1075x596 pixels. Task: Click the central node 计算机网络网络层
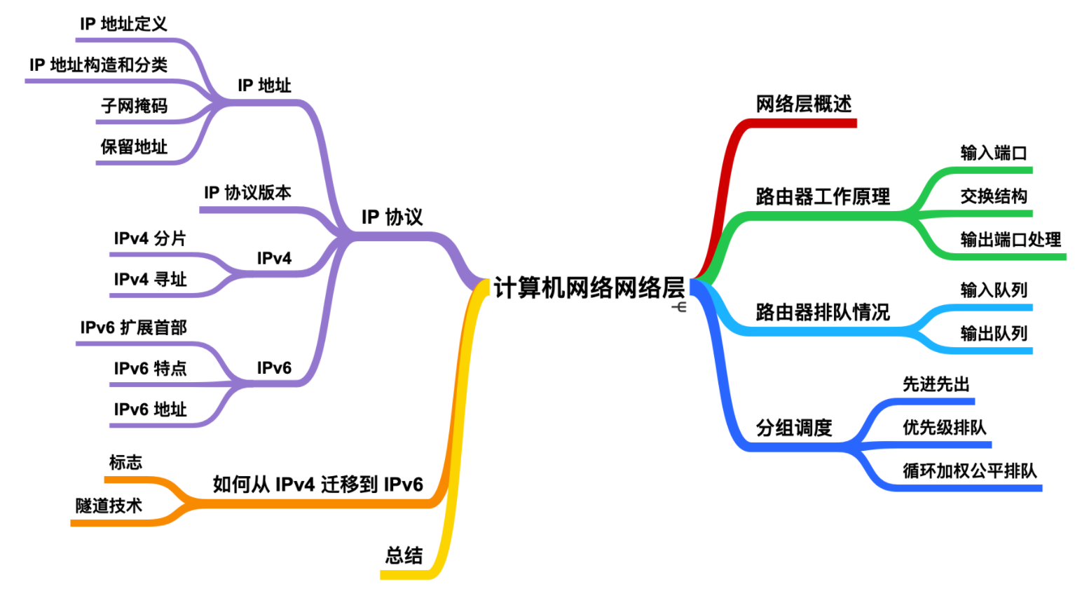pyautogui.click(x=589, y=287)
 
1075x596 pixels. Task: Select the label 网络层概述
pyautogui.click(x=803, y=104)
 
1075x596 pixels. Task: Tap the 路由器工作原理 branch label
pyautogui.click(x=823, y=196)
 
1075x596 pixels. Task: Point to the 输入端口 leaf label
pyautogui.click(x=993, y=153)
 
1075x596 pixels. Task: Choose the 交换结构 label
pyautogui.click(x=993, y=196)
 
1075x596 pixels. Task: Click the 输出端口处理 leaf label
pyautogui.click(x=1010, y=240)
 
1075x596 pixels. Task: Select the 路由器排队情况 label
pyautogui.click(x=823, y=312)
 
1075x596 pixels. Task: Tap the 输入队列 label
pyautogui.click(x=993, y=290)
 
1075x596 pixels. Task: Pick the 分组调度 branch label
pyautogui.click(x=793, y=427)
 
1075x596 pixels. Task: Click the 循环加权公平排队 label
pyautogui.click(x=969, y=470)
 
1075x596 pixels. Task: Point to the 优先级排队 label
pyautogui.click(x=944, y=427)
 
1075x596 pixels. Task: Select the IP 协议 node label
pyautogui.click(x=392, y=217)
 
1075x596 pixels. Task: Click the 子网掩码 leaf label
pyautogui.click(x=134, y=106)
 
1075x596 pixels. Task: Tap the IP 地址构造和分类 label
pyautogui.click(x=98, y=65)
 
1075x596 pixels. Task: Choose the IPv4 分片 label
pyautogui.click(x=149, y=238)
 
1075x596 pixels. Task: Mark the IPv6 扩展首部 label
pyautogui.click(x=133, y=327)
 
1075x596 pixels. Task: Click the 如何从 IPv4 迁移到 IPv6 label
pyautogui.click(x=317, y=485)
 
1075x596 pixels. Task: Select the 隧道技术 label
pyautogui.click(x=109, y=506)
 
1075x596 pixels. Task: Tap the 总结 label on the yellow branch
pyautogui.click(x=404, y=556)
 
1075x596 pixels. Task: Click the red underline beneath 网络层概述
pyautogui.click(x=803, y=123)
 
